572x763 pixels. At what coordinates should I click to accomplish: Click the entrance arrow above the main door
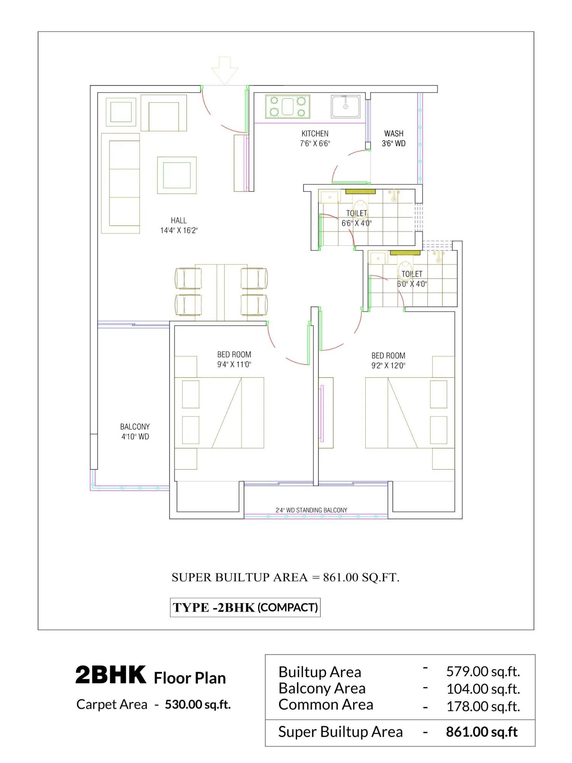[225, 70]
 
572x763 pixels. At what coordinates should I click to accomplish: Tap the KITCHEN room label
[315, 134]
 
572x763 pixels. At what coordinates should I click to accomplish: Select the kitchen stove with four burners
[288, 107]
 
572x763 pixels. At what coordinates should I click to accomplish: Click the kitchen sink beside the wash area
[345, 106]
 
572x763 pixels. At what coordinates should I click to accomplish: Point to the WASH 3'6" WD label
[394, 138]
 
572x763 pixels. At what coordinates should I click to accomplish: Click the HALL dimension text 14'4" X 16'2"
[179, 230]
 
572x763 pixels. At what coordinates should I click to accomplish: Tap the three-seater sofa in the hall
[121, 183]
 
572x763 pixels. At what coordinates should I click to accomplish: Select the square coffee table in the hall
[177, 175]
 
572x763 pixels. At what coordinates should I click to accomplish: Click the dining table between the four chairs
[221, 292]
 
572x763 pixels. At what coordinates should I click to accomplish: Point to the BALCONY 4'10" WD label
[135, 431]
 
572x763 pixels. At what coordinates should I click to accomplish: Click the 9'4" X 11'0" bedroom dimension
[234, 364]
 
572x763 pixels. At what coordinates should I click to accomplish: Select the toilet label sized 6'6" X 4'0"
[357, 218]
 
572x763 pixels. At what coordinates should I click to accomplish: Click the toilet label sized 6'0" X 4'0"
[412, 279]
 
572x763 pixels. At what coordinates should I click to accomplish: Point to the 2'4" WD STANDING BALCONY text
[311, 510]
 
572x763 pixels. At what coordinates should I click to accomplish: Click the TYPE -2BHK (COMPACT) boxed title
[245, 607]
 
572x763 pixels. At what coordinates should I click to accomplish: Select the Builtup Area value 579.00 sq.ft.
[483, 671]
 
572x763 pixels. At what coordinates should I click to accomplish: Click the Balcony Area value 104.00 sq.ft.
[483, 689]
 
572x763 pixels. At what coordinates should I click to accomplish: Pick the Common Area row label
[326, 705]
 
